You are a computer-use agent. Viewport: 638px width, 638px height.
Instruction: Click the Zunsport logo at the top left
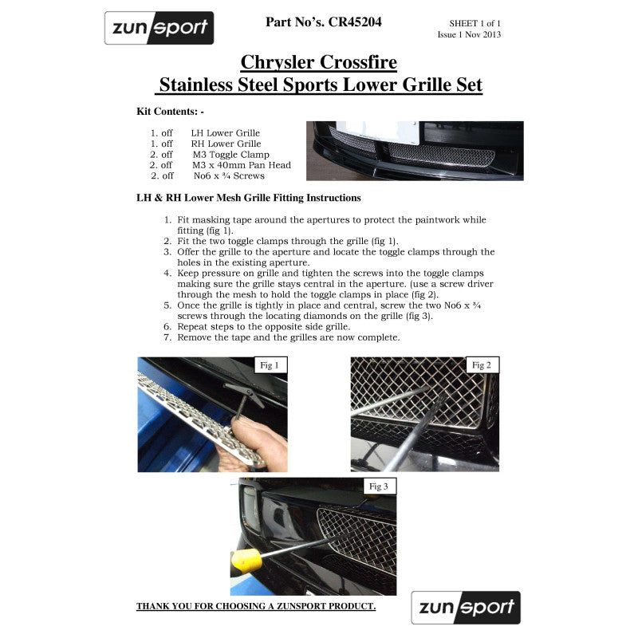(159, 28)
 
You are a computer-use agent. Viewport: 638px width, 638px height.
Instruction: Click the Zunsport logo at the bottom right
(466, 608)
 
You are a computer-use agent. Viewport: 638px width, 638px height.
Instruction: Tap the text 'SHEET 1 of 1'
(475, 24)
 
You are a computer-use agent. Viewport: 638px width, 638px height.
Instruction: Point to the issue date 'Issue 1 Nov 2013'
(469, 35)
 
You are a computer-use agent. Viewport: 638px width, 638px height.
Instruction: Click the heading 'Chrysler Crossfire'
(319, 62)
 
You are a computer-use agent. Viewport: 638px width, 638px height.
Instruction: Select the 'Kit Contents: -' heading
(171, 112)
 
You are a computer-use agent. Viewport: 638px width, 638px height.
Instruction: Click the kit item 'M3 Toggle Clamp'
(230, 155)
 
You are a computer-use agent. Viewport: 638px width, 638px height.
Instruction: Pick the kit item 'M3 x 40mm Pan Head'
(242, 165)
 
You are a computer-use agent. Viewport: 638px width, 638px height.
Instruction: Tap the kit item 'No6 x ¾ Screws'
(228, 175)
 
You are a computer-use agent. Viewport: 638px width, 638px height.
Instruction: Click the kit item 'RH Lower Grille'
(225, 144)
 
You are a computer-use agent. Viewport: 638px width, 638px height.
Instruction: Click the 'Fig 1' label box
(270, 365)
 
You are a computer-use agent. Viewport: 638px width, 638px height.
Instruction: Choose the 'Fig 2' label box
(482, 365)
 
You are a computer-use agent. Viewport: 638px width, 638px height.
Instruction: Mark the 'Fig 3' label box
(378, 486)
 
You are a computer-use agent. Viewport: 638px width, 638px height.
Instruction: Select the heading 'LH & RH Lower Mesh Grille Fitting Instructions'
(249, 198)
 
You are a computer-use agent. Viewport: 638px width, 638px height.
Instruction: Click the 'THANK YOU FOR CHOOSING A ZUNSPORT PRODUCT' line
(256, 607)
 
